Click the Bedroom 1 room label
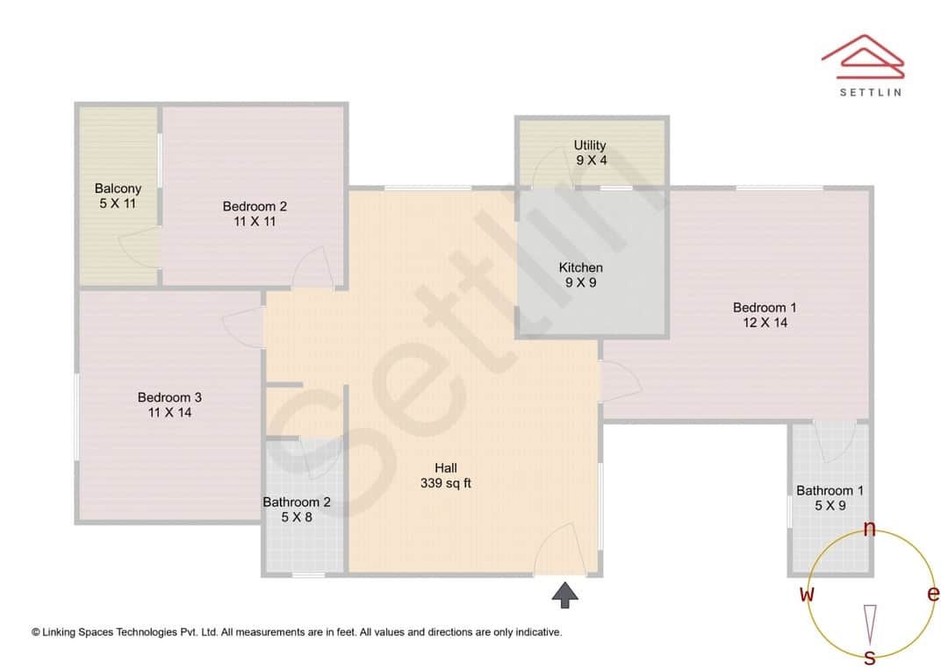coord(765,308)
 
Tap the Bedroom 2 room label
coord(255,207)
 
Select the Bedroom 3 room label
coord(169,397)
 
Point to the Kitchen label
coord(581,267)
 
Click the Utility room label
coord(590,146)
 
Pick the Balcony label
coord(118,189)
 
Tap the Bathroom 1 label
coord(829,490)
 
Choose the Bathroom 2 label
coord(297,502)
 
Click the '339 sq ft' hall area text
coord(445,482)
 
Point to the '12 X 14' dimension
coord(765,323)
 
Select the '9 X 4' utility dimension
coord(591,160)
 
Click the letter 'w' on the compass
coord(807,594)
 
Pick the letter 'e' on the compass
coord(933,594)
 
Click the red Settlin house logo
coord(862,54)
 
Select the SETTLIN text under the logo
coord(870,91)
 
